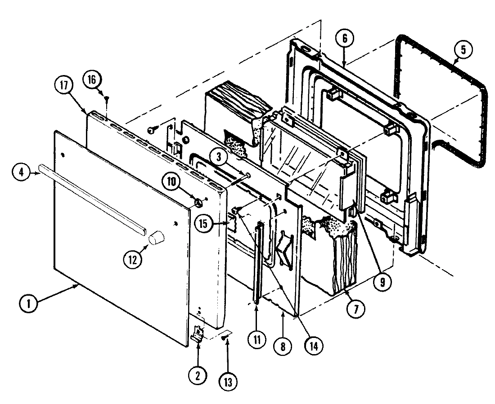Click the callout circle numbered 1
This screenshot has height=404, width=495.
click(28, 303)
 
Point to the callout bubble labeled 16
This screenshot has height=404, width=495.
click(91, 80)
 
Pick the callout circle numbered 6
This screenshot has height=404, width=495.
click(344, 39)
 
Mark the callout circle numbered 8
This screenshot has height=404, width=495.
click(283, 346)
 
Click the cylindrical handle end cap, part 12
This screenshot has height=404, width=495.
click(156, 237)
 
